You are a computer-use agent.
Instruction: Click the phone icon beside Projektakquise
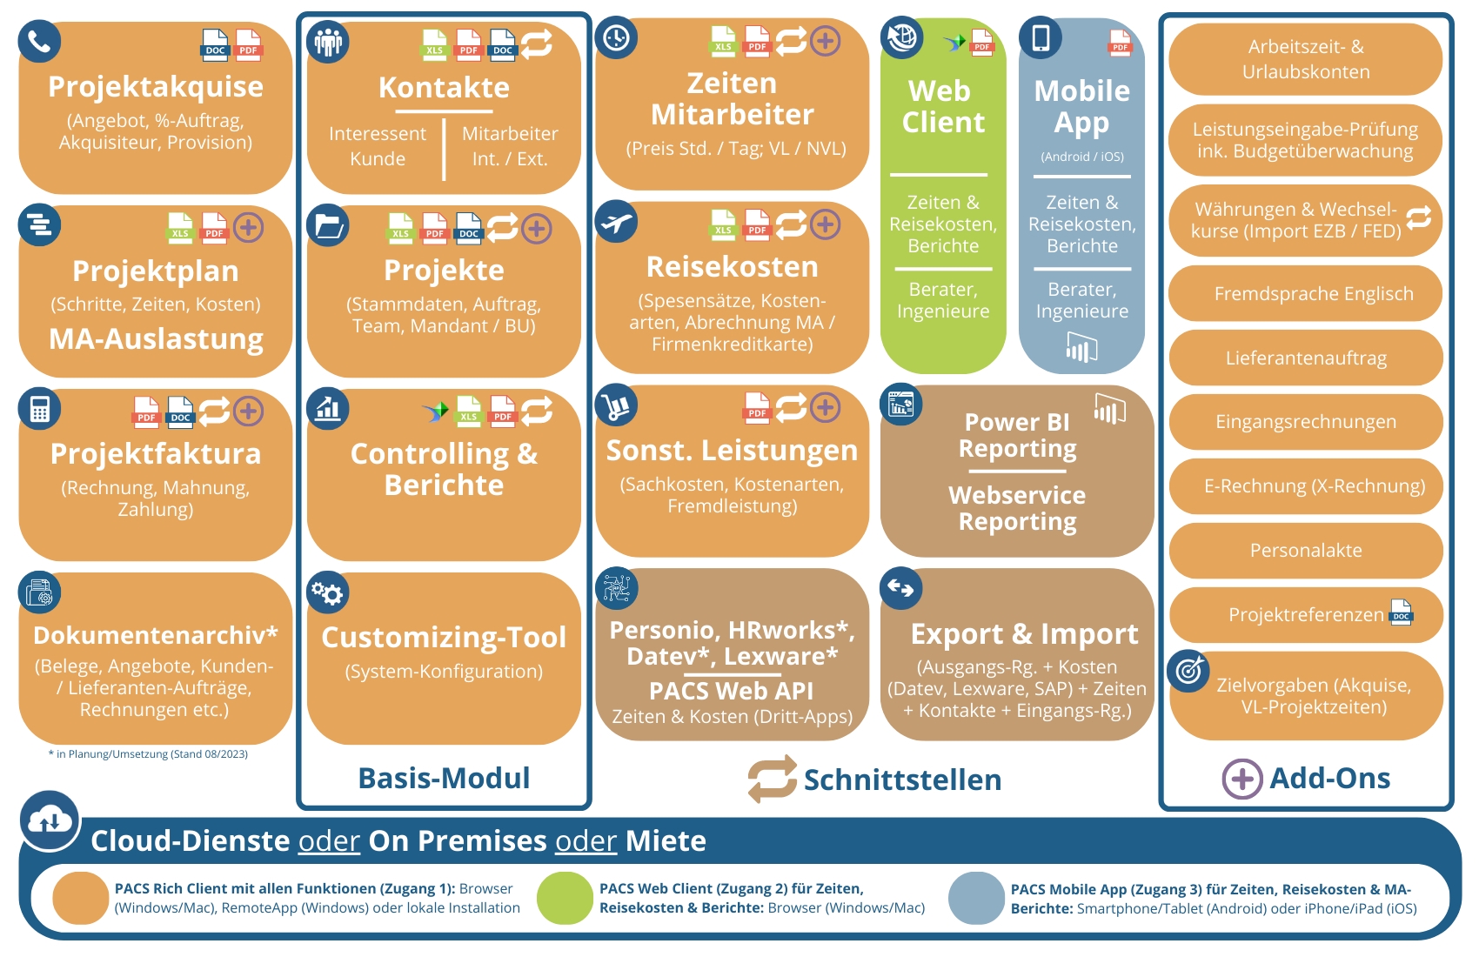point(39,41)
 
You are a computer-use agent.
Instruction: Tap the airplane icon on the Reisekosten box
point(616,223)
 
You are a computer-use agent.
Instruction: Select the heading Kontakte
point(444,88)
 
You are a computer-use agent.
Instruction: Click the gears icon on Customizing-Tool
point(328,593)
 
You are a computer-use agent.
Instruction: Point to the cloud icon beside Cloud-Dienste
point(50,820)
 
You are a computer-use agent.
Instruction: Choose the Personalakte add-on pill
point(1305,551)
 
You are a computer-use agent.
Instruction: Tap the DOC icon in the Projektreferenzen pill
point(1401,612)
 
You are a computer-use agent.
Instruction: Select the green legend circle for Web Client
point(565,898)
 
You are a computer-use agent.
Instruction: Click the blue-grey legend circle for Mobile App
point(976,898)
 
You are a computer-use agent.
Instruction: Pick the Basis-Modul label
point(444,778)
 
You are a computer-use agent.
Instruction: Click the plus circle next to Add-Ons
point(1241,778)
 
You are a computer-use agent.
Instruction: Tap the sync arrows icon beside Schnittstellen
point(772,779)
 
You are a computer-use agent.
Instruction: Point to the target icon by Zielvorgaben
point(1188,671)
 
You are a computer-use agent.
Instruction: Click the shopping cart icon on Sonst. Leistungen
point(616,406)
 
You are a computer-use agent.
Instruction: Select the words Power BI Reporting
point(1017,435)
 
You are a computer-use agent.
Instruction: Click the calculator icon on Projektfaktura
point(39,409)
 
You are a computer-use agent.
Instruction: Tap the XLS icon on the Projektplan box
point(180,228)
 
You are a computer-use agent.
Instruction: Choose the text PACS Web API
point(731,691)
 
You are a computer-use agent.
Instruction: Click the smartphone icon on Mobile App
point(1041,37)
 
